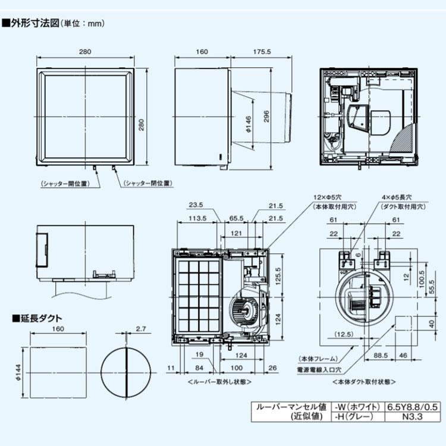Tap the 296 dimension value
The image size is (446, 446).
[x=266, y=117]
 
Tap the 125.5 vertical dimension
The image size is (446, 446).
[x=277, y=274]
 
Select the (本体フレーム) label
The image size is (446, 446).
[x=318, y=359]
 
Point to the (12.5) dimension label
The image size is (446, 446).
[x=344, y=334]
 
